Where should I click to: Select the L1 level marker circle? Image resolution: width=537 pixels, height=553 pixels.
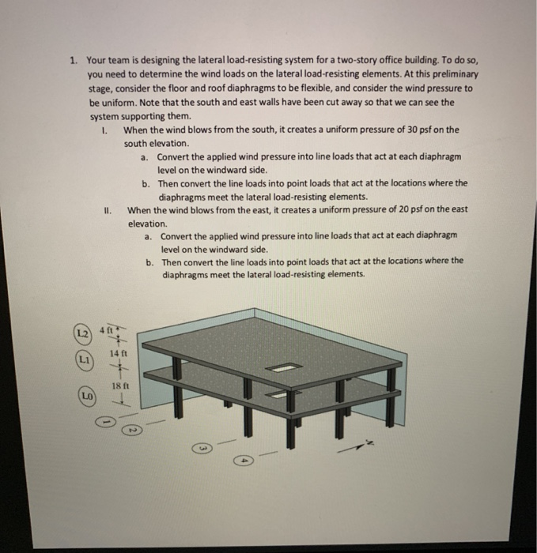pos(81,359)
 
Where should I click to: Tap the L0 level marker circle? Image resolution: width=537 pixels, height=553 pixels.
pos(84,393)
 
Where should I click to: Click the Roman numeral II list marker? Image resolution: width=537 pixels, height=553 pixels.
pos(108,210)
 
